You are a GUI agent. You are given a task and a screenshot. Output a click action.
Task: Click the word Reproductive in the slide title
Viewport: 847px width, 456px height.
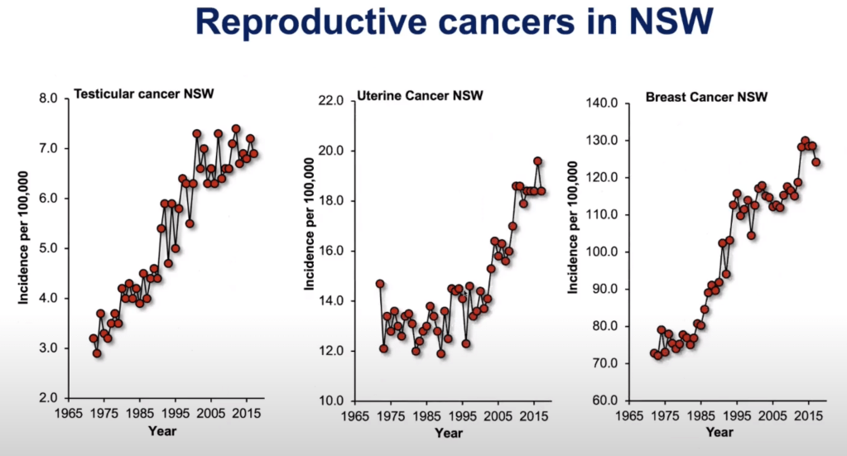282,24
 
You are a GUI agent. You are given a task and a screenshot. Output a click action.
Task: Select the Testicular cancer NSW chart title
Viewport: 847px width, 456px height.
144,93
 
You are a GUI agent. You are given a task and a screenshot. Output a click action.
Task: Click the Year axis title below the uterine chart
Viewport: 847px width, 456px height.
448,433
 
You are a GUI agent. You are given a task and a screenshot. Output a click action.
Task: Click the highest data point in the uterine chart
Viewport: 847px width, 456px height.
537,161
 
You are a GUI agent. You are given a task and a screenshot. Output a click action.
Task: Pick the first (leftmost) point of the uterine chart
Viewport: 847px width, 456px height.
380,284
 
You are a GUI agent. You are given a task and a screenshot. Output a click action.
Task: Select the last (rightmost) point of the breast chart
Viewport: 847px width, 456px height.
816,162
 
